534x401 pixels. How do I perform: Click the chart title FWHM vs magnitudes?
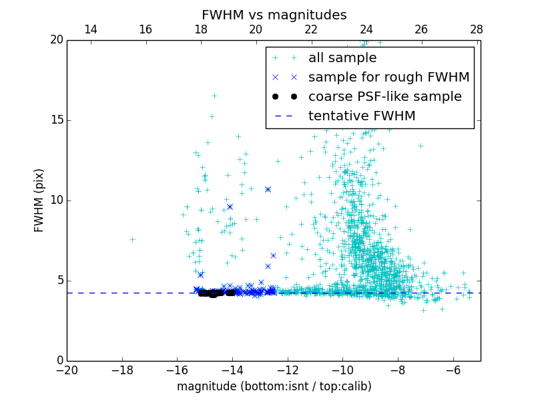click(274, 15)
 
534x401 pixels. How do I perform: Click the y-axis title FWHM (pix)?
click(39, 200)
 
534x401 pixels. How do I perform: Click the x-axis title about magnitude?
click(274, 386)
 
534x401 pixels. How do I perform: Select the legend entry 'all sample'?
click(342, 58)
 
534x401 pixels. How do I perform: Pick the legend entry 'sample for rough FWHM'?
click(388, 78)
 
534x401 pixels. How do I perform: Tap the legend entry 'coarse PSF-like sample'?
click(384, 97)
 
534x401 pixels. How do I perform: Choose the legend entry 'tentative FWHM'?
click(362, 116)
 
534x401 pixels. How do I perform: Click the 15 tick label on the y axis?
click(56, 120)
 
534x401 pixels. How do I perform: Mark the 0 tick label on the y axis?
click(59, 361)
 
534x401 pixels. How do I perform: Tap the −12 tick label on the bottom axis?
click(287, 370)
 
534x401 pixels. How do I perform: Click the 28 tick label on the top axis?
click(476, 29)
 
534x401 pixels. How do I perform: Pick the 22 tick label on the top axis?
click(311, 29)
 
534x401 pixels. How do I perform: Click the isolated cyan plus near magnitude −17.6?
click(132, 239)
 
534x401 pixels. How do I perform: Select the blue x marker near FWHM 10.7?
click(268, 189)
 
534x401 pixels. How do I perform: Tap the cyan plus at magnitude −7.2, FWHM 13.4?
click(421, 146)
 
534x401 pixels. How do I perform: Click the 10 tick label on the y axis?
click(56, 200)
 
